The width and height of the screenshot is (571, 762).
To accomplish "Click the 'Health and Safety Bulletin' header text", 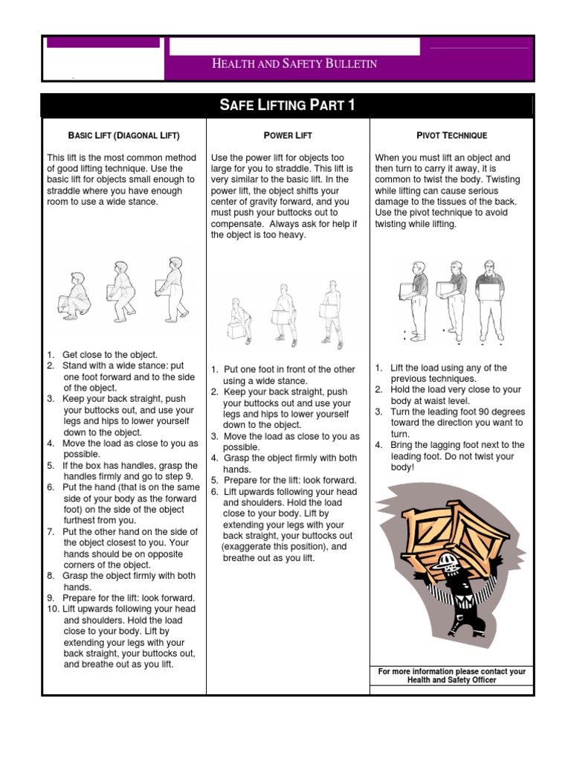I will (x=294, y=65).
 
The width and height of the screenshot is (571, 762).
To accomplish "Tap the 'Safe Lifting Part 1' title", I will (x=287, y=105).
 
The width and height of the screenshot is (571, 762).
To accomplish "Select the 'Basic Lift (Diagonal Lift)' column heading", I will (x=124, y=135).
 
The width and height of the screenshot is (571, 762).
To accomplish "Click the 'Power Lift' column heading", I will (x=288, y=135).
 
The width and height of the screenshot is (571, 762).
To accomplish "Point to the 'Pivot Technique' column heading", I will (x=451, y=135).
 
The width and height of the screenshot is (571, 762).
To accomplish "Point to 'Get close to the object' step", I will (x=110, y=355).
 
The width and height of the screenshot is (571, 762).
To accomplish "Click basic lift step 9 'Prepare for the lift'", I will (x=129, y=598).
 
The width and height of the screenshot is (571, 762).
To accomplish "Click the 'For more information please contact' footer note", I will (x=451, y=676).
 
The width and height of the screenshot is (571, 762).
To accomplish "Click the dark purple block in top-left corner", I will (x=103, y=42).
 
